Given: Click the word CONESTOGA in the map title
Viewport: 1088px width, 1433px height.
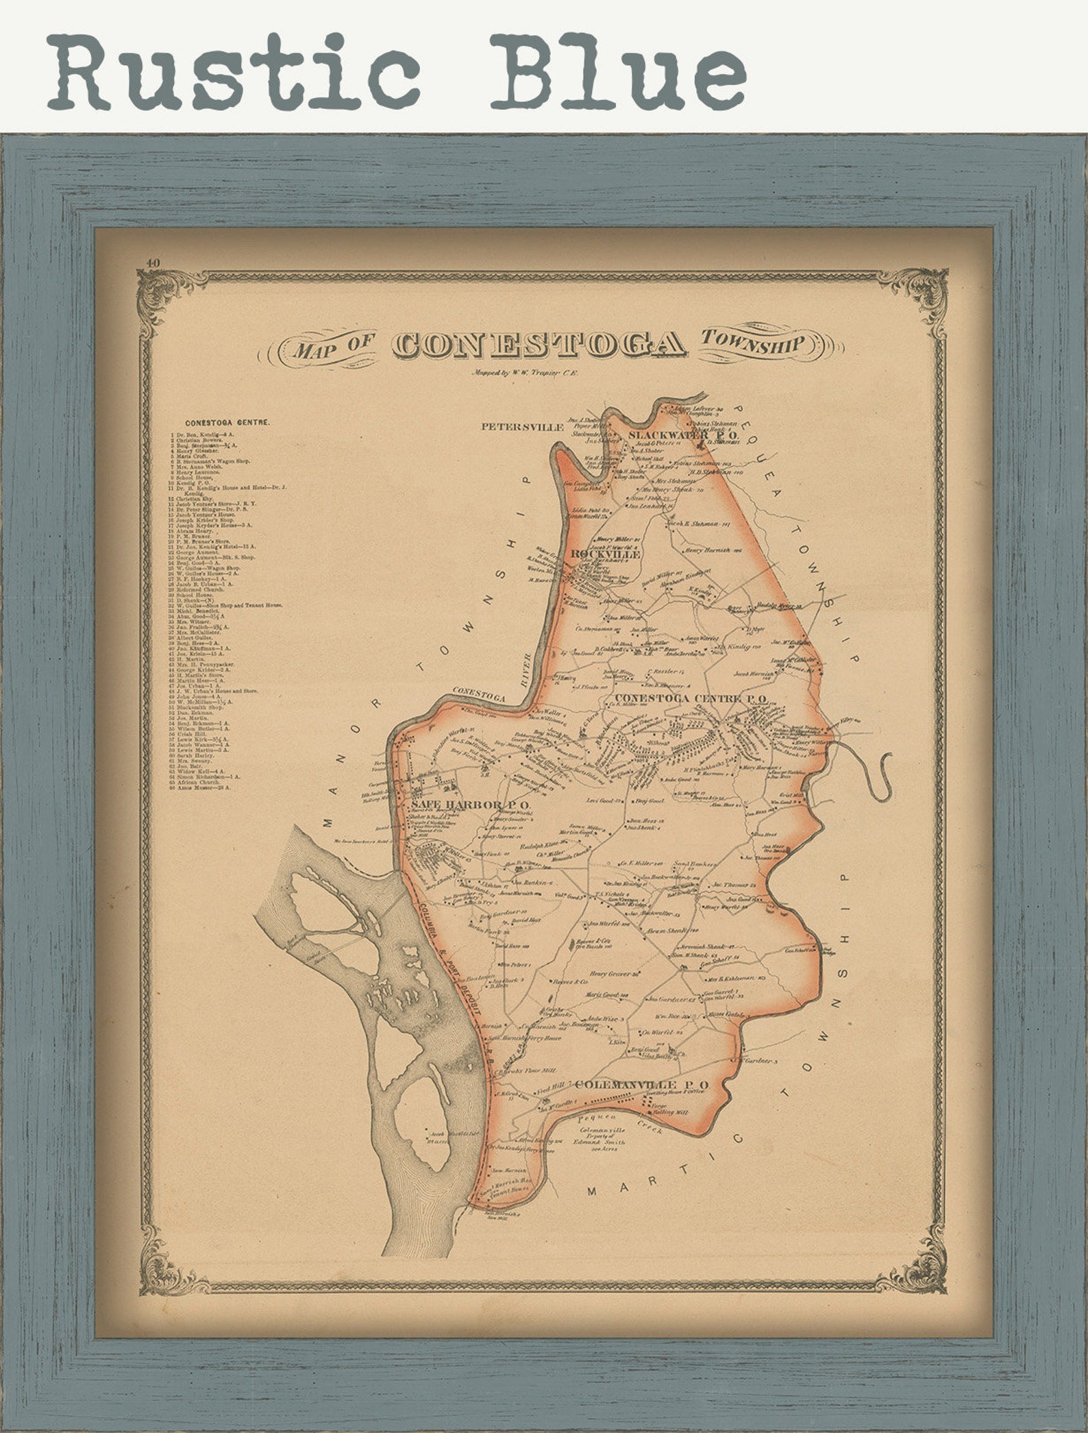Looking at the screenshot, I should click(x=539, y=345).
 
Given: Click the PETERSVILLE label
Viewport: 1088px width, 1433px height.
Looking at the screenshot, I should click(x=522, y=426).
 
